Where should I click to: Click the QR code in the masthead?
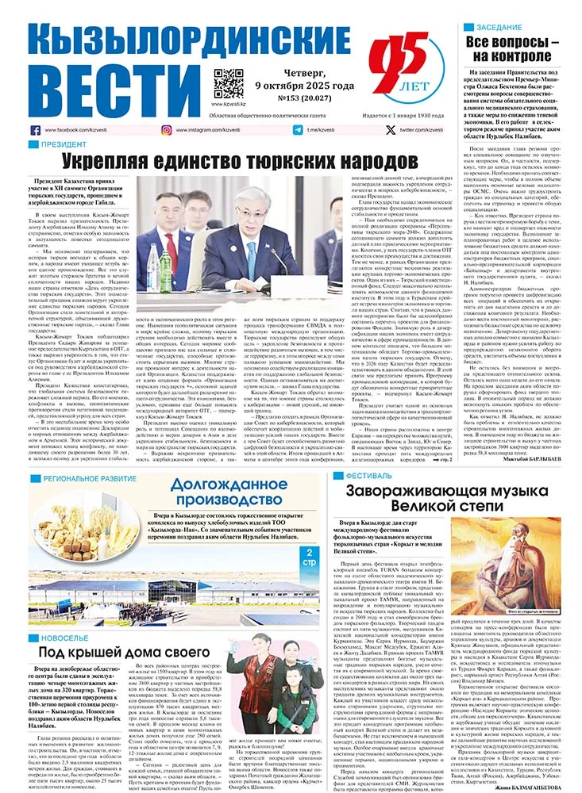229,82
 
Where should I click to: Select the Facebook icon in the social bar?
36,130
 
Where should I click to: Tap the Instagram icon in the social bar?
167,130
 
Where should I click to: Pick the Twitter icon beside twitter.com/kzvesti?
390,130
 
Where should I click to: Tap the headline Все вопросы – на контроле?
512,48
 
